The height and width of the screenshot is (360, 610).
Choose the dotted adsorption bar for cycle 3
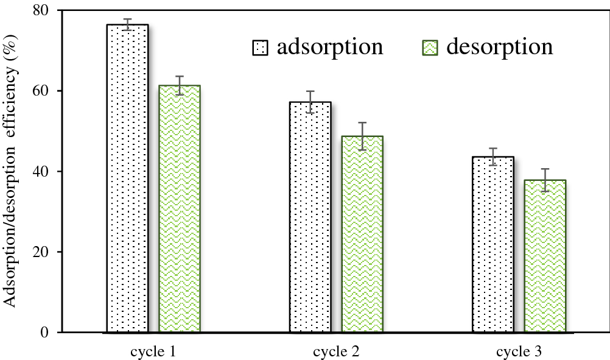point(493,244)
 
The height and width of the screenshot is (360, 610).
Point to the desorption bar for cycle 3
point(545,256)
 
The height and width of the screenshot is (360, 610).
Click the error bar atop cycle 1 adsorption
point(127,24)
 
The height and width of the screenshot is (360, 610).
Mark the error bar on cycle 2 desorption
point(362,136)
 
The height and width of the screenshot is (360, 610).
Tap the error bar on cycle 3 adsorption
point(493,157)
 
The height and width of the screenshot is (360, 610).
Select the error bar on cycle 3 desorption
point(545,180)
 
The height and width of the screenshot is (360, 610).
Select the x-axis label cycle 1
point(153,351)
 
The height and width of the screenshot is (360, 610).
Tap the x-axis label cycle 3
point(519,351)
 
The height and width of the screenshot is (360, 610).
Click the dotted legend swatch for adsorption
point(260,48)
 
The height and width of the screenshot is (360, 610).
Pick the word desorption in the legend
point(499,47)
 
